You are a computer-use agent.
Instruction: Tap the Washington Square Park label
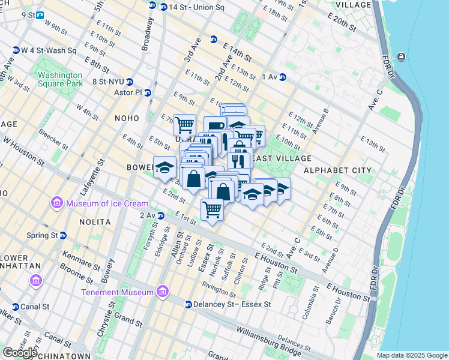pyautogui.click(x=60, y=80)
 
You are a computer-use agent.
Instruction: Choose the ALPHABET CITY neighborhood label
pyautogui.click(x=337, y=170)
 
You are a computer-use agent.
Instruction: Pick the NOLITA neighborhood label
pyautogui.click(x=95, y=222)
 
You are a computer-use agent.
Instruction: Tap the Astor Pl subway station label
pyautogui.click(x=127, y=93)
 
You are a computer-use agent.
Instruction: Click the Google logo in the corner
pyautogui.click(x=20, y=352)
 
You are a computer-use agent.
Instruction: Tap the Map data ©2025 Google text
pyautogui.click(x=411, y=355)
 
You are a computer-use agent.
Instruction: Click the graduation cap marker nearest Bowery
pyautogui.click(x=164, y=168)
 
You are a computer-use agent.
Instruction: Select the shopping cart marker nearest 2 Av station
pyautogui.click(x=212, y=210)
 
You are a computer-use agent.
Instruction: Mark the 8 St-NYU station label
pyautogui.click(x=108, y=82)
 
